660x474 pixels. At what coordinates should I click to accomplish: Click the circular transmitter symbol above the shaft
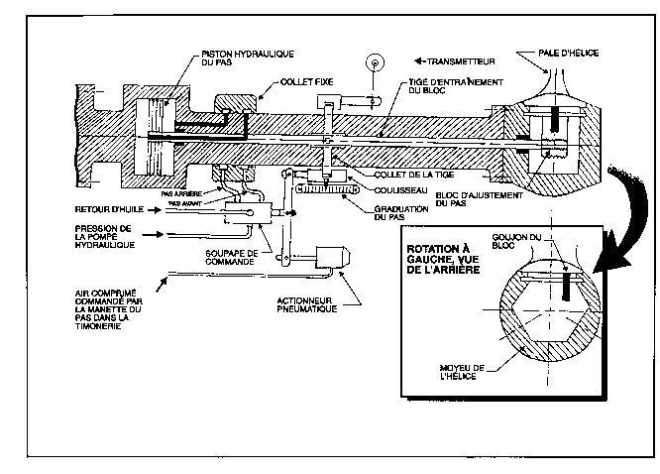coord(373,61)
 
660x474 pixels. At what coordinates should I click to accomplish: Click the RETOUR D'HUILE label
coord(109,211)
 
